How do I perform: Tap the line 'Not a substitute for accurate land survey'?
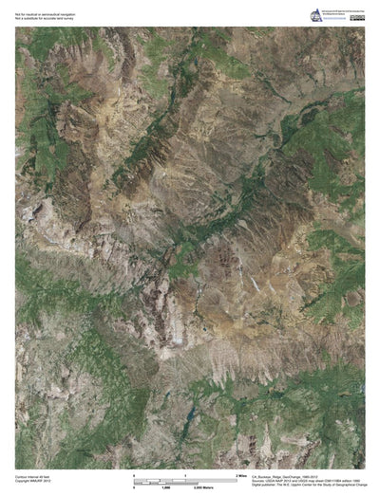[x=44, y=13]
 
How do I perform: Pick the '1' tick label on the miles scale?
[x=184, y=472]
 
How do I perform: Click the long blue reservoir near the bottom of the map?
[x=191, y=415]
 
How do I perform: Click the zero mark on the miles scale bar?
[x=134, y=472]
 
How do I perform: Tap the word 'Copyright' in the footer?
[x=23, y=481]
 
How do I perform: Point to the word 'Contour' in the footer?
[x=21, y=476]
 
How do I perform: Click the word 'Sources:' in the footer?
[x=258, y=480]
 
